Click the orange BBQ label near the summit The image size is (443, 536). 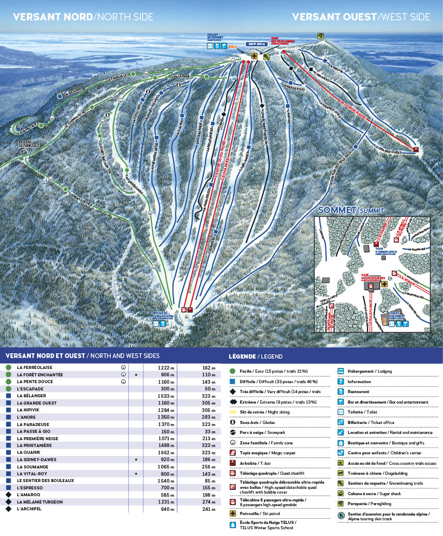click(x=233, y=47)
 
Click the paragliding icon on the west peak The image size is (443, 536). click(x=320, y=36)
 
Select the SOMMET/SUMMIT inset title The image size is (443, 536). click(x=351, y=210)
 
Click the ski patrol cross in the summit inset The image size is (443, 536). click(x=385, y=284)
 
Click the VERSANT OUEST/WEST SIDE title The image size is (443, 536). click(x=361, y=17)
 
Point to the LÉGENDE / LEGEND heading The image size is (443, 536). click(x=256, y=356)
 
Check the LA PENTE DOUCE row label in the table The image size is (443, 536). click(x=35, y=382)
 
